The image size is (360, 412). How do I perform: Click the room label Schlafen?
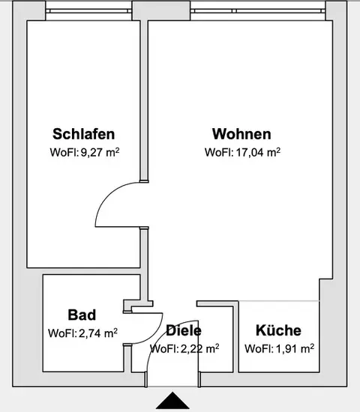click(84, 134)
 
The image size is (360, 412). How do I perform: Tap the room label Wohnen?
click(241, 134)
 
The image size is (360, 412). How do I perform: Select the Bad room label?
click(82, 315)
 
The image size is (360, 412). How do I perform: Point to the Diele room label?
click(184, 330)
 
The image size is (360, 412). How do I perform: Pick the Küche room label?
click(278, 330)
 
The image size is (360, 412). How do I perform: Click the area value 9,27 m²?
click(100, 152)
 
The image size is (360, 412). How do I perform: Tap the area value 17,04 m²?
click(258, 152)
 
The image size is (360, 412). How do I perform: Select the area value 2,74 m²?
click(98, 333)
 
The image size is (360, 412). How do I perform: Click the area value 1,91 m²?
click(295, 348)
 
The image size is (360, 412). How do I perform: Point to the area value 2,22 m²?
click(199, 348)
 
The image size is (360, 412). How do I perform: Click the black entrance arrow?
click(172, 402)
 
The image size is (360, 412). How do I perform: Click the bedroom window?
click(88, 11)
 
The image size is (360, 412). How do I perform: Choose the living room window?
click(258, 11)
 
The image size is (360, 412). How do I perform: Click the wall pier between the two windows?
click(160, 10)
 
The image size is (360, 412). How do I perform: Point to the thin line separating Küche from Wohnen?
click(279, 301)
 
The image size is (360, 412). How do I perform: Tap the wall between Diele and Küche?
click(235, 337)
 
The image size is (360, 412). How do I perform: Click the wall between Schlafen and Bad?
click(83, 271)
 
